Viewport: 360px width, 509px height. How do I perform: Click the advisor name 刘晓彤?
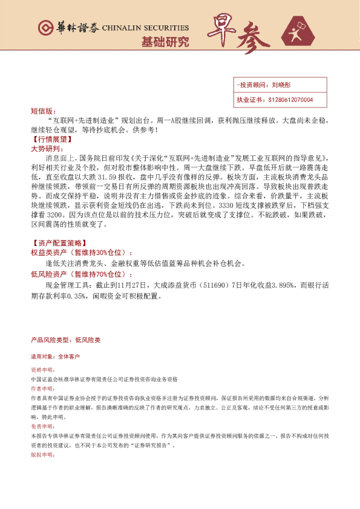point(281,86)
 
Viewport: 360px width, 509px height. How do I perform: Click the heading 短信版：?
point(42,111)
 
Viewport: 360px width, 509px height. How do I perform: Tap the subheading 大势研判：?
point(46,148)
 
